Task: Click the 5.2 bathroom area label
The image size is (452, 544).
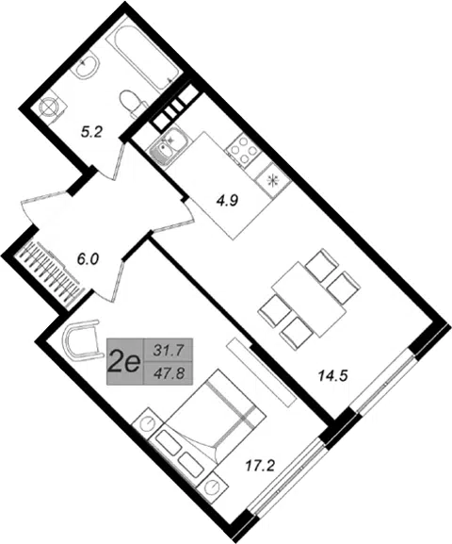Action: point(91,132)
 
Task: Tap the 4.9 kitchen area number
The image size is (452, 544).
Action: point(227,201)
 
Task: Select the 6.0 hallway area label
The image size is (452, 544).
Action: point(88,259)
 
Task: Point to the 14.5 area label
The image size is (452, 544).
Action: point(333,376)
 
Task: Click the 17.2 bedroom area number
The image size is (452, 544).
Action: point(260,466)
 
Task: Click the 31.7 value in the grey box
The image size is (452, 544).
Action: point(169,351)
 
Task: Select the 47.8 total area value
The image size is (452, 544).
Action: point(169,373)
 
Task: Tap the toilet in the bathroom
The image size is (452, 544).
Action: point(133,102)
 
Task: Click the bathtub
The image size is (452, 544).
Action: point(143,56)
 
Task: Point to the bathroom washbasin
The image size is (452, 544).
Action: point(86,66)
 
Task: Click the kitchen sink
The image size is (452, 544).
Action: point(169,145)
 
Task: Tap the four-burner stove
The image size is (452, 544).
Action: point(243,150)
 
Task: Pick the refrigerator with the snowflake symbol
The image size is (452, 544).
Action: point(273,180)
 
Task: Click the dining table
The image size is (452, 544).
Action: point(309,299)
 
